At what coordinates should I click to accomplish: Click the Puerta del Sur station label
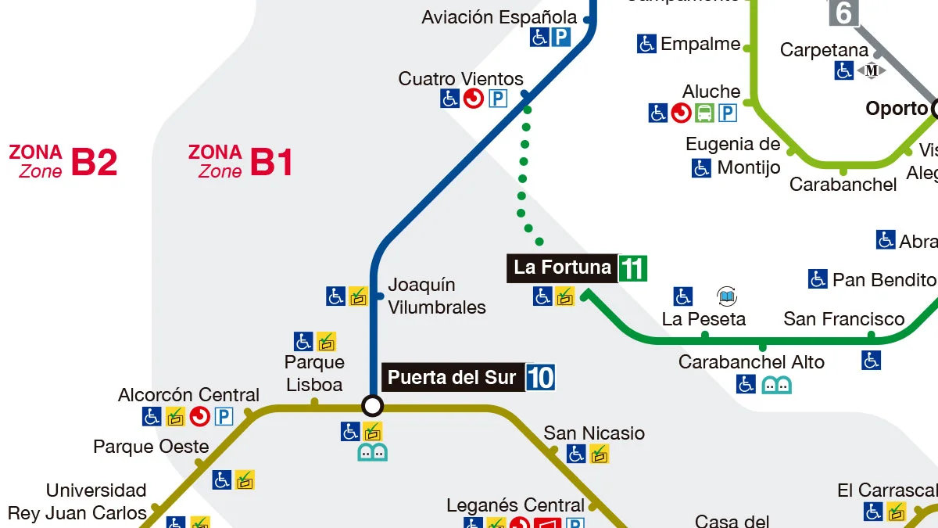tap(452, 378)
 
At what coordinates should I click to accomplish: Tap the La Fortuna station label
tap(562, 268)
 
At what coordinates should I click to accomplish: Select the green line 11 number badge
tap(632, 269)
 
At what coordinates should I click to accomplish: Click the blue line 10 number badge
tap(540, 378)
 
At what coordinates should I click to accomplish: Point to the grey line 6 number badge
tap(843, 13)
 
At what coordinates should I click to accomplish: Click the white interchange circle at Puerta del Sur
tap(373, 405)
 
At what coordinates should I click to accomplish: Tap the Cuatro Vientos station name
tap(460, 79)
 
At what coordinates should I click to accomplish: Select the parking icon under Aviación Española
tap(560, 37)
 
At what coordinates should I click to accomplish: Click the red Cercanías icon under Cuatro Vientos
tap(473, 99)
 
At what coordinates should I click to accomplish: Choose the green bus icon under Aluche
tap(704, 113)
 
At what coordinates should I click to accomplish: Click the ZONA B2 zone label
tap(63, 161)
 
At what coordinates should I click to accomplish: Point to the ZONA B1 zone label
tap(241, 161)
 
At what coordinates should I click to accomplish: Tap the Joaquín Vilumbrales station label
tap(436, 296)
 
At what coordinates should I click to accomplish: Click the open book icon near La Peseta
tap(727, 296)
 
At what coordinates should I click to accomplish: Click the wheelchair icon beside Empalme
tap(646, 44)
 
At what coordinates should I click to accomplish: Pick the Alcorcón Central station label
tap(188, 395)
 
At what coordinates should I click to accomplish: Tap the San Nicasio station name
tap(594, 433)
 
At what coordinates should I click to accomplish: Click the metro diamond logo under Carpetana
tap(872, 70)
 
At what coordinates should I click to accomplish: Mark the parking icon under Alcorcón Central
tap(224, 417)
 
